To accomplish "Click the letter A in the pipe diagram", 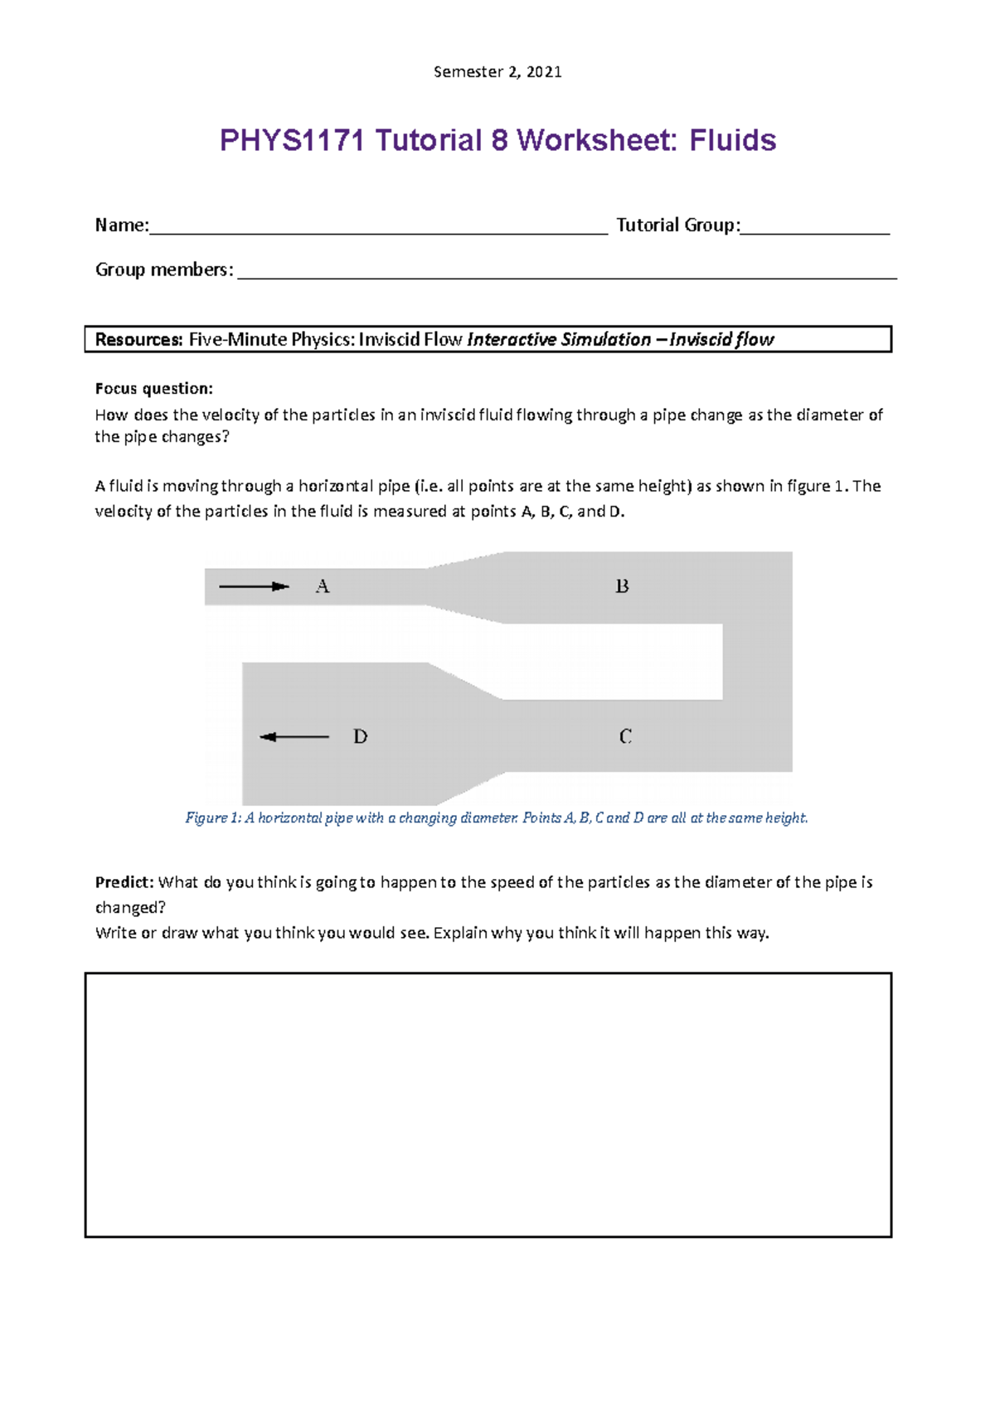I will click(x=323, y=587).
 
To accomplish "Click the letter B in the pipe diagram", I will click(x=622, y=587).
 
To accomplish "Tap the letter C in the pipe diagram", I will click(x=625, y=736).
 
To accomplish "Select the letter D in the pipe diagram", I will click(x=360, y=736).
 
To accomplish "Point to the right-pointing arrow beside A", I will click(x=254, y=587).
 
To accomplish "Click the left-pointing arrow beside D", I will click(x=294, y=736).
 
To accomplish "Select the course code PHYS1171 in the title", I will click(x=291, y=140).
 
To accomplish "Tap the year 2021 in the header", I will click(x=544, y=72).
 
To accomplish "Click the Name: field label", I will click(x=122, y=226).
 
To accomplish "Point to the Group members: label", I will click(x=164, y=269).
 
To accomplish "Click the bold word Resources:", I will click(x=138, y=340).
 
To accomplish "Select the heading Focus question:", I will click(x=153, y=388).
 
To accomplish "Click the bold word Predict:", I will click(x=124, y=882).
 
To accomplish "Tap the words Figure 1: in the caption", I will click(x=212, y=818).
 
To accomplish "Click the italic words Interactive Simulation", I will click(x=559, y=340).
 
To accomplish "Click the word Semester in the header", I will click(x=468, y=72).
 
